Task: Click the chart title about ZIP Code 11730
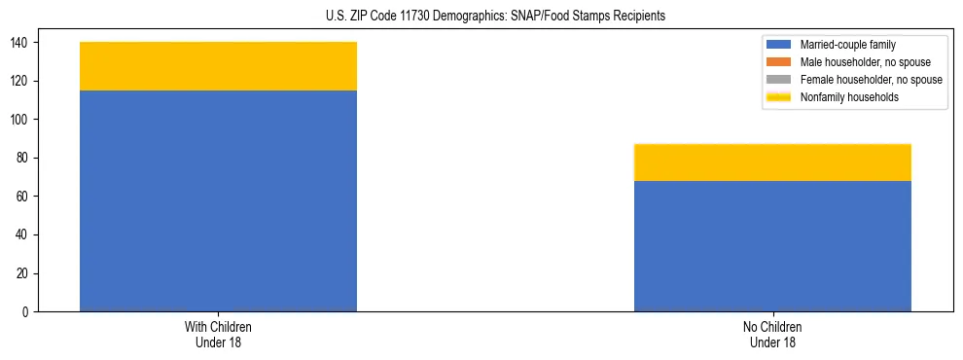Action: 482,17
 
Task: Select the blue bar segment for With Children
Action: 218,200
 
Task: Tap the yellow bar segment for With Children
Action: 218,66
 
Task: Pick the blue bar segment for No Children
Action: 772,246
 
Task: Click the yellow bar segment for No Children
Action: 772,162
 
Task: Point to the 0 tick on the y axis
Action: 28,312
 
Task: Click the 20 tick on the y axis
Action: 25,273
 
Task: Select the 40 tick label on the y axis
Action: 25,235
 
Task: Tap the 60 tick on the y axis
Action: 25,197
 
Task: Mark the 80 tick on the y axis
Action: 25,159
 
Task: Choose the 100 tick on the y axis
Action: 22,120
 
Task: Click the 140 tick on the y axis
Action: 22,43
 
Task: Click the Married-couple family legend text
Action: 848,45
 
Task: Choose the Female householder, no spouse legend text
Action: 871,80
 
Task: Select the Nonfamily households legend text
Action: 848,97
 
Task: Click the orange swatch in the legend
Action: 779,62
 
